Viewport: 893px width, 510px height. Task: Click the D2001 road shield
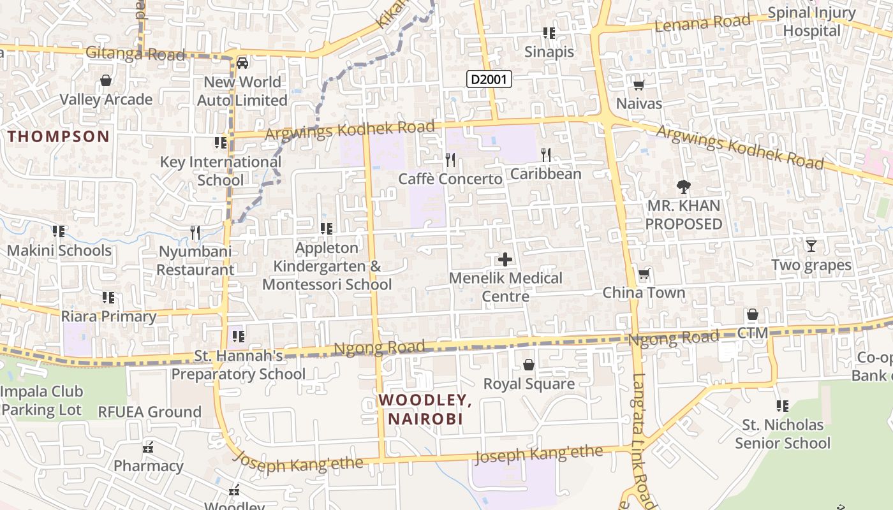pos(489,79)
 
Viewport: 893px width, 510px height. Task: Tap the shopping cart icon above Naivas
pos(638,85)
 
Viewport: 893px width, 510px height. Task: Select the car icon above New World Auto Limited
pos(242,63)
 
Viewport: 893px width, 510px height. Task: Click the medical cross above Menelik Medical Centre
pos(505,259)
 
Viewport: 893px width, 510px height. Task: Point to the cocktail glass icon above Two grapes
pos(811,245)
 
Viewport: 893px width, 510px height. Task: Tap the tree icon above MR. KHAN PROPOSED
pos(684,187)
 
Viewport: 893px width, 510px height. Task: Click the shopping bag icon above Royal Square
pos(529,365)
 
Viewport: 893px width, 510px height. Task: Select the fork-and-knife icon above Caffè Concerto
pos(450,159)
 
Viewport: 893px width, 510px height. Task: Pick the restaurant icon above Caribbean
pos(545,154)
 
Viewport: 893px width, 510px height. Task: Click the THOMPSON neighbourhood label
pos(59,136)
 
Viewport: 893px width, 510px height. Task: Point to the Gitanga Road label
pos(135,54)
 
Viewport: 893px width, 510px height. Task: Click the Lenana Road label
pos(702,23)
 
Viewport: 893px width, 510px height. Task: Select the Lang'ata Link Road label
pos(640,440)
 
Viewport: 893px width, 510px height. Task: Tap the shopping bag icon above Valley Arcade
pos(106,81)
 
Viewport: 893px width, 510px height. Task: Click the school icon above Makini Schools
pos(59,231)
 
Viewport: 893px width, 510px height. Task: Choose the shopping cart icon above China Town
pos(644,275)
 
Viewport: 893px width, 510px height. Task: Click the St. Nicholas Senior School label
pos(783,433)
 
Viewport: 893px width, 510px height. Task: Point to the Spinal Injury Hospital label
pos(811,22)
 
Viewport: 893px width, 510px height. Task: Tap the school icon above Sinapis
pos(549,33)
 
